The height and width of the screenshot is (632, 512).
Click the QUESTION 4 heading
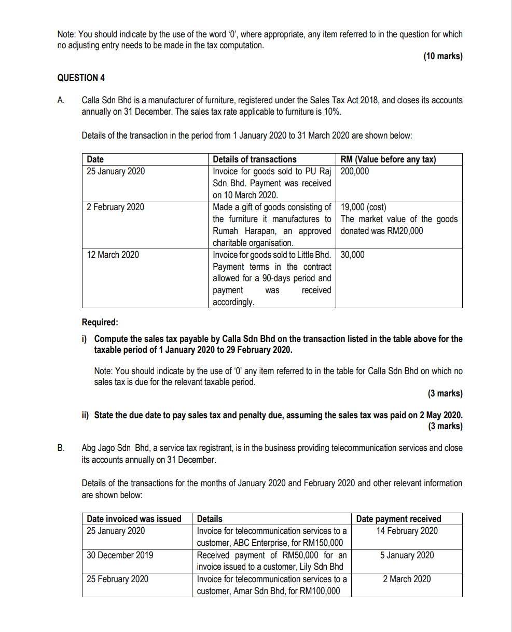tap(80, 78)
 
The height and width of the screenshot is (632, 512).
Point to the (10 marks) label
tap(442, 56)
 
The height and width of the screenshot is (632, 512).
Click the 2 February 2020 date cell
tap(116, 207)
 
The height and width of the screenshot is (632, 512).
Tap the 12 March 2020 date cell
tap(113, 255)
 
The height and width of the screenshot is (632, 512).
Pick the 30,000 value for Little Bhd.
tap(353, 255)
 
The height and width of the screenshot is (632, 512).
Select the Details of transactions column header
tap(255, 159)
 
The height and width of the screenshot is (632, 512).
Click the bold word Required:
tap(100, 322)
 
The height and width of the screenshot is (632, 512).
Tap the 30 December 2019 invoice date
tap(120, 555)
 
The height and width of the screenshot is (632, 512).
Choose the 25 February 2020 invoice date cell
tap(117, 579)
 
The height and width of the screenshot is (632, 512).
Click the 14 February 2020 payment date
tap(407, 531)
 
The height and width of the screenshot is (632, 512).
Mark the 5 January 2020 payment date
tap(407, 555)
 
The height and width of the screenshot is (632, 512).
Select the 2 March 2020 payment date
tap(407, 579)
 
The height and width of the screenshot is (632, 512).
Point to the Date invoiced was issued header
tap(134, 519)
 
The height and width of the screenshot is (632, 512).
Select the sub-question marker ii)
tap(85, 415)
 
